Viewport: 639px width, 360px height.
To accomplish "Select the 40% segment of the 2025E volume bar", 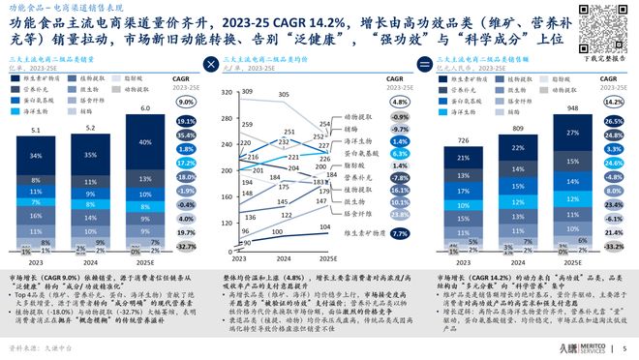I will (x=143, y=142).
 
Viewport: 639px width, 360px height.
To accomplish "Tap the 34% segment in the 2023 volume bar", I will (x=35, y=155).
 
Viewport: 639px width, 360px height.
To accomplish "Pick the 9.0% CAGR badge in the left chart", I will (x=187, y=99).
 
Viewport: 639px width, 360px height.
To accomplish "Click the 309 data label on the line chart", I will (x=247, y=91).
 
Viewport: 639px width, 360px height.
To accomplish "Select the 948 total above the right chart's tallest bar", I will (x=574, y=108).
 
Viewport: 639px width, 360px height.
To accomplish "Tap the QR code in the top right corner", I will (x=608, y=29).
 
